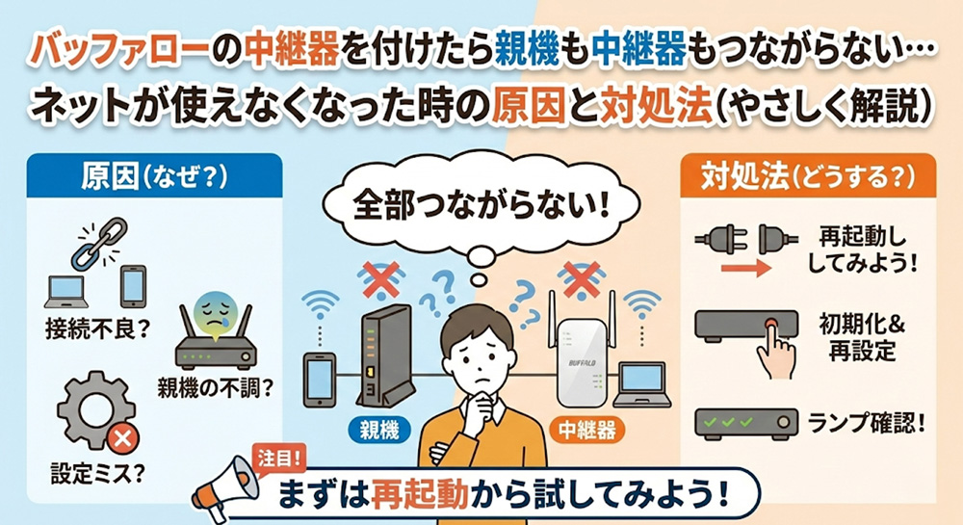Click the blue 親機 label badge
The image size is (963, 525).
tap(379, 430)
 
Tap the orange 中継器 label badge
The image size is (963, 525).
tap(587, 430)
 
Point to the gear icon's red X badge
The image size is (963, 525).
tap(122, 438)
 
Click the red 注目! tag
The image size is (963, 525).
tap(279, 459)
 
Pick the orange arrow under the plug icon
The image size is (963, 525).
tap(745, 269)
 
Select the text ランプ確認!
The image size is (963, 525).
tap(867, 423)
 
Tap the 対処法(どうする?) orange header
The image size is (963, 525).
tap(808, 176)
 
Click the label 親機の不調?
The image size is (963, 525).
tap(215, 388)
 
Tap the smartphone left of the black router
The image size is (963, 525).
tap(320, 380)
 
